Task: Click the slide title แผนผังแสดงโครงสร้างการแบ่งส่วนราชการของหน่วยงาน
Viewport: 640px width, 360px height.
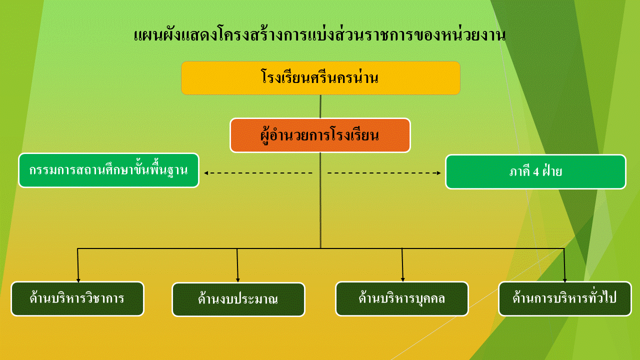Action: (x=319, y=35)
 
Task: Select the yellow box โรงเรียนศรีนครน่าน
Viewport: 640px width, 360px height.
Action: (x=320, y=78)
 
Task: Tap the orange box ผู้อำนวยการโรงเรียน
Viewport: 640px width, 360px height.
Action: (x=320, y=135)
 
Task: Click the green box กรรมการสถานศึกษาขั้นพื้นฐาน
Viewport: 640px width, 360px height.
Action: (x=108, y=170)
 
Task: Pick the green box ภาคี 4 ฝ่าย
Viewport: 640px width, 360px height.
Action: (x=535, y=171)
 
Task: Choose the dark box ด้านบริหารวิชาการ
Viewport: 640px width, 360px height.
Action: (x=77, y=299)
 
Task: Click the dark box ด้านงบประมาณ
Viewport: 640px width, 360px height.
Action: (x=238, y=299)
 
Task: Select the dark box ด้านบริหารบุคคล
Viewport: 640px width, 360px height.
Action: (x=402, y=299)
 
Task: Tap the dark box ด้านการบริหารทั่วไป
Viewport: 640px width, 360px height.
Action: (x=565, y=299)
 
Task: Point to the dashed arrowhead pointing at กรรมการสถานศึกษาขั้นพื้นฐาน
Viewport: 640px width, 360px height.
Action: (x=206, y=173)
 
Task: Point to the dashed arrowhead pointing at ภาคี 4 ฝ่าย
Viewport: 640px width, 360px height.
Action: (x=439, y=173)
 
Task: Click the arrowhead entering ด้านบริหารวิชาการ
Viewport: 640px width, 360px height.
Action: (x=78, y=280)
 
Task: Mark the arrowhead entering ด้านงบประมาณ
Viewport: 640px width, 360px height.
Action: (x=237, y=280)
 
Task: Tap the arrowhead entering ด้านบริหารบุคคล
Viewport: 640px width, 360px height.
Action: (x=403, y=279)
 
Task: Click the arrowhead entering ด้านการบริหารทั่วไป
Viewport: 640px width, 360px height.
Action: (x=565, y=280)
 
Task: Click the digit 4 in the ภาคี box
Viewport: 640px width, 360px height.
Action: (x=536, y=172)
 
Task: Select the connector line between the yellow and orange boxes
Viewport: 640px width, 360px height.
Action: (x=320, y=106)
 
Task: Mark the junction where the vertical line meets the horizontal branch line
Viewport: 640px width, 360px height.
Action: (x=320, y=248)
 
